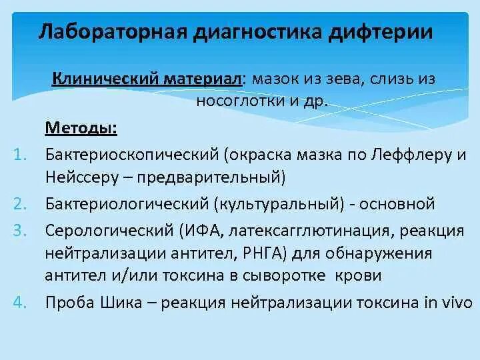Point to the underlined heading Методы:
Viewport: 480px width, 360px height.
pyautogui.click(x=91, y=128)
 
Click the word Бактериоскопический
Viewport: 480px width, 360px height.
pyautogui.click(x=133, y=155)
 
